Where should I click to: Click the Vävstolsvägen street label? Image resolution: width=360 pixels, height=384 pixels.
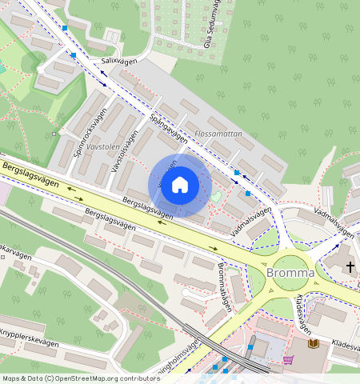[118, 149]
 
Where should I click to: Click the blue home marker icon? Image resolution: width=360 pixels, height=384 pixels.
[180, 185]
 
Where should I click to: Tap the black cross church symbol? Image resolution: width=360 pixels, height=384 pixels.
[350, 266]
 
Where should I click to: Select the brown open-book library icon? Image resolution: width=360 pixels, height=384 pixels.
[314, 344]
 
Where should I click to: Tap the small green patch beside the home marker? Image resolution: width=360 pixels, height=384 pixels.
[214, 195]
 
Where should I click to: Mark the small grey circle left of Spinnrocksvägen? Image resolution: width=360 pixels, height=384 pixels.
[54, 134]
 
